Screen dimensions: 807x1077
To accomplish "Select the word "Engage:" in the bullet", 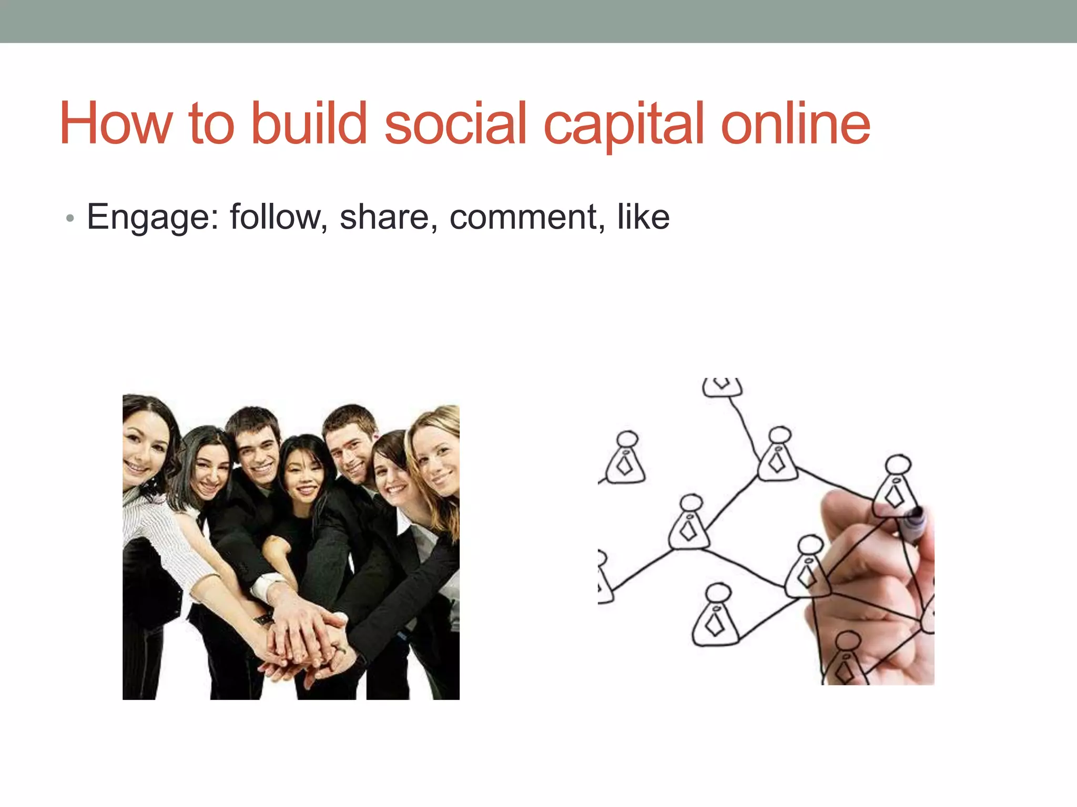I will pos(153,218).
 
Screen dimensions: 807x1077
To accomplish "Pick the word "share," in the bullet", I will pos(388,216).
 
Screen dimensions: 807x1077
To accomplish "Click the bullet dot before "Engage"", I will pos(70,218).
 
